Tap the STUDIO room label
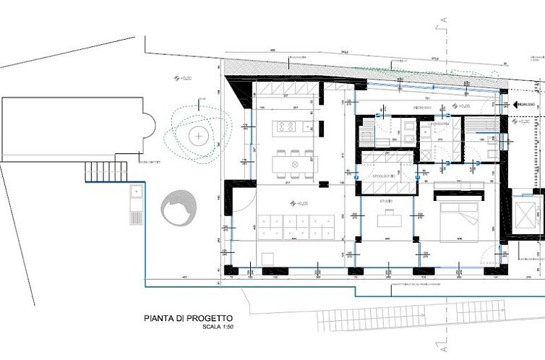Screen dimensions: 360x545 tap(387, 200)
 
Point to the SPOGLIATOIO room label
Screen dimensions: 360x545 tap(382, 176)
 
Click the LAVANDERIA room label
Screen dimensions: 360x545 tap(438, 124)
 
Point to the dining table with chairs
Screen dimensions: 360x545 tap(294, 164)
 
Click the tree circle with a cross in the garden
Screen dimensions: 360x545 tap(197, 135)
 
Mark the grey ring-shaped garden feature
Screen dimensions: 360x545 tap(177, 207)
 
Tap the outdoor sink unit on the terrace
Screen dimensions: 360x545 tap(135, 205)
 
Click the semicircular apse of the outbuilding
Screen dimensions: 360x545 tap(150, 129)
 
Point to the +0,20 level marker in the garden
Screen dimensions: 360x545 tap(181, 77)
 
